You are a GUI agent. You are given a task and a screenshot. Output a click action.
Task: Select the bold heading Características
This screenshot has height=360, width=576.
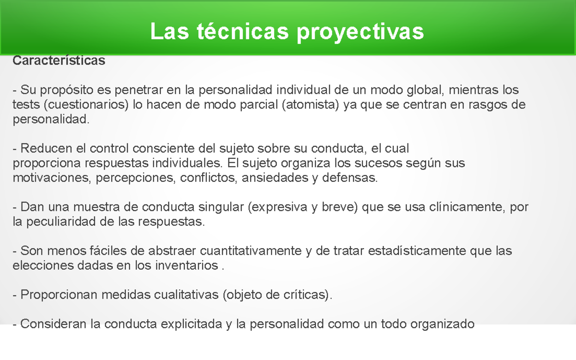(x=59, y=61)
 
